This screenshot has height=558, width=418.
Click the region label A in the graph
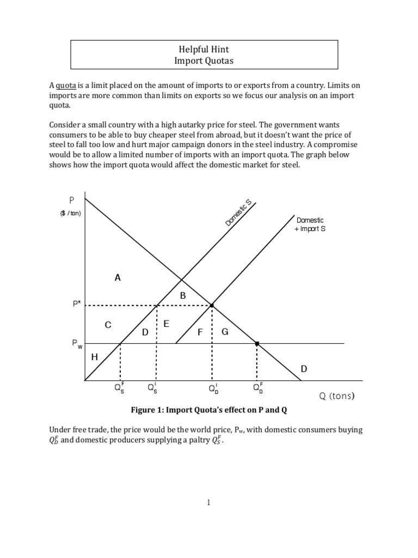[x=117, y=277]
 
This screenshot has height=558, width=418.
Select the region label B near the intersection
[x=183, y=295]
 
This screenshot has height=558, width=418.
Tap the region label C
[x=108, y=325]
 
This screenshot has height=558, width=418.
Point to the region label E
[x=167, y=324]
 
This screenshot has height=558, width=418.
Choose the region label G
[x=224, y=331]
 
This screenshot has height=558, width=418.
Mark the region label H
[x=94, y=357]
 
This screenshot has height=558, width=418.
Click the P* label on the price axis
[x=76, y=305]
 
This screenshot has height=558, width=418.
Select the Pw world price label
[x=76, y=344]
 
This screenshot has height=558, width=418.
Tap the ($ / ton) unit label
[x=71, y=213]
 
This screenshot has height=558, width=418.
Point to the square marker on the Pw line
[x=257, y=343]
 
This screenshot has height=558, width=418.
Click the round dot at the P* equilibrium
[x=212, y=305]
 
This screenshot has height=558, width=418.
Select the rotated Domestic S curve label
[x=238, y=213]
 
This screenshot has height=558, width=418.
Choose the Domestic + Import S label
[x=310, y=225]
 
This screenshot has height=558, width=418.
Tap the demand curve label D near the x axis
[x=304, y=369]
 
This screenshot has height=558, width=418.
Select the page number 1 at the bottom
[x=208, y=502]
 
